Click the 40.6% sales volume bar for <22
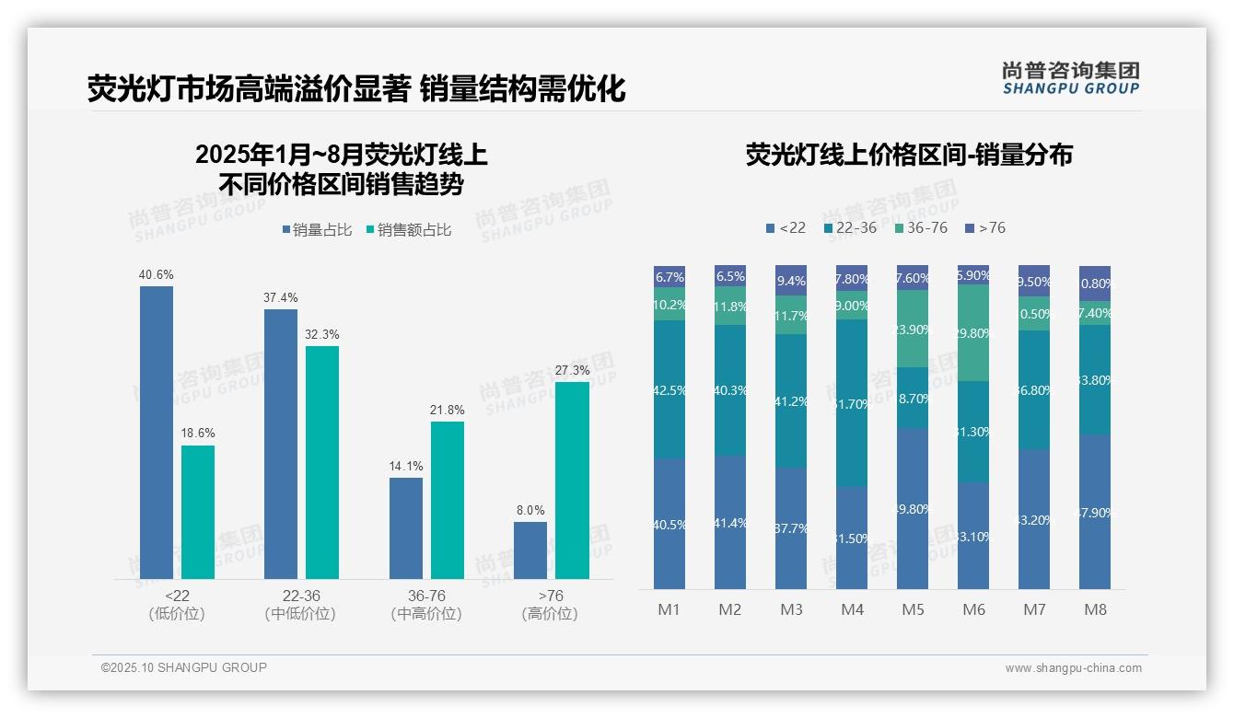(157, 432)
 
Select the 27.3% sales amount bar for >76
(572, 480)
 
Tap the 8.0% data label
(530, 510)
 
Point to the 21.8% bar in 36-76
(448, 500)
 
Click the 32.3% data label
(322, 334)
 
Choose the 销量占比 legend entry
(316, 230)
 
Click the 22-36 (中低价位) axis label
(300, 605)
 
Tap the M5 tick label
(913, 609)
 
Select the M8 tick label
(1095, 609)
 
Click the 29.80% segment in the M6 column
(973, 333)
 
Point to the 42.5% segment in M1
(669, 389)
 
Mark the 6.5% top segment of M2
(730, 276)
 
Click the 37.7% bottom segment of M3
(791, 528)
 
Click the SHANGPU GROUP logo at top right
(1070, 78)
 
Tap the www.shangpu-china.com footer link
(1073, 668)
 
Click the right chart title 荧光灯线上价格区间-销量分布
(909, 155)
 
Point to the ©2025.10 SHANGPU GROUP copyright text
(184, 667)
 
